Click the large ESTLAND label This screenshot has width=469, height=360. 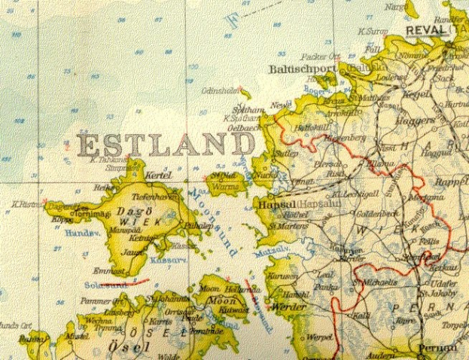pyautogui.click(x=164, y=144)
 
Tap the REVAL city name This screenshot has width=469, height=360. pyautogui.click(x=425, y=30)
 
